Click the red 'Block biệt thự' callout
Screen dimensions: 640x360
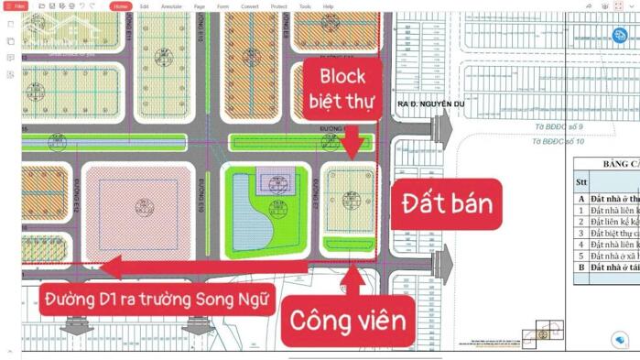pyautogui.click(x=342, y=88)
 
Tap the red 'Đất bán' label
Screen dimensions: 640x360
pyautogui.click(x=446, y=202)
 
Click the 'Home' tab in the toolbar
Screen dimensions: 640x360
pyautogui.click(x=121, y=6)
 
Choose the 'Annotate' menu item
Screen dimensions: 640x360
pyautogui.click(x=171, y=6)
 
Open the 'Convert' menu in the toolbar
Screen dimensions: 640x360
pyautogui.click(x=249, y=6)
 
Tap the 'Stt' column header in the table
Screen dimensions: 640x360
pyautogui.click(x=580, y=181)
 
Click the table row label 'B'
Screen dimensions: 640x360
pyautogui.click(x=580, y=267)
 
